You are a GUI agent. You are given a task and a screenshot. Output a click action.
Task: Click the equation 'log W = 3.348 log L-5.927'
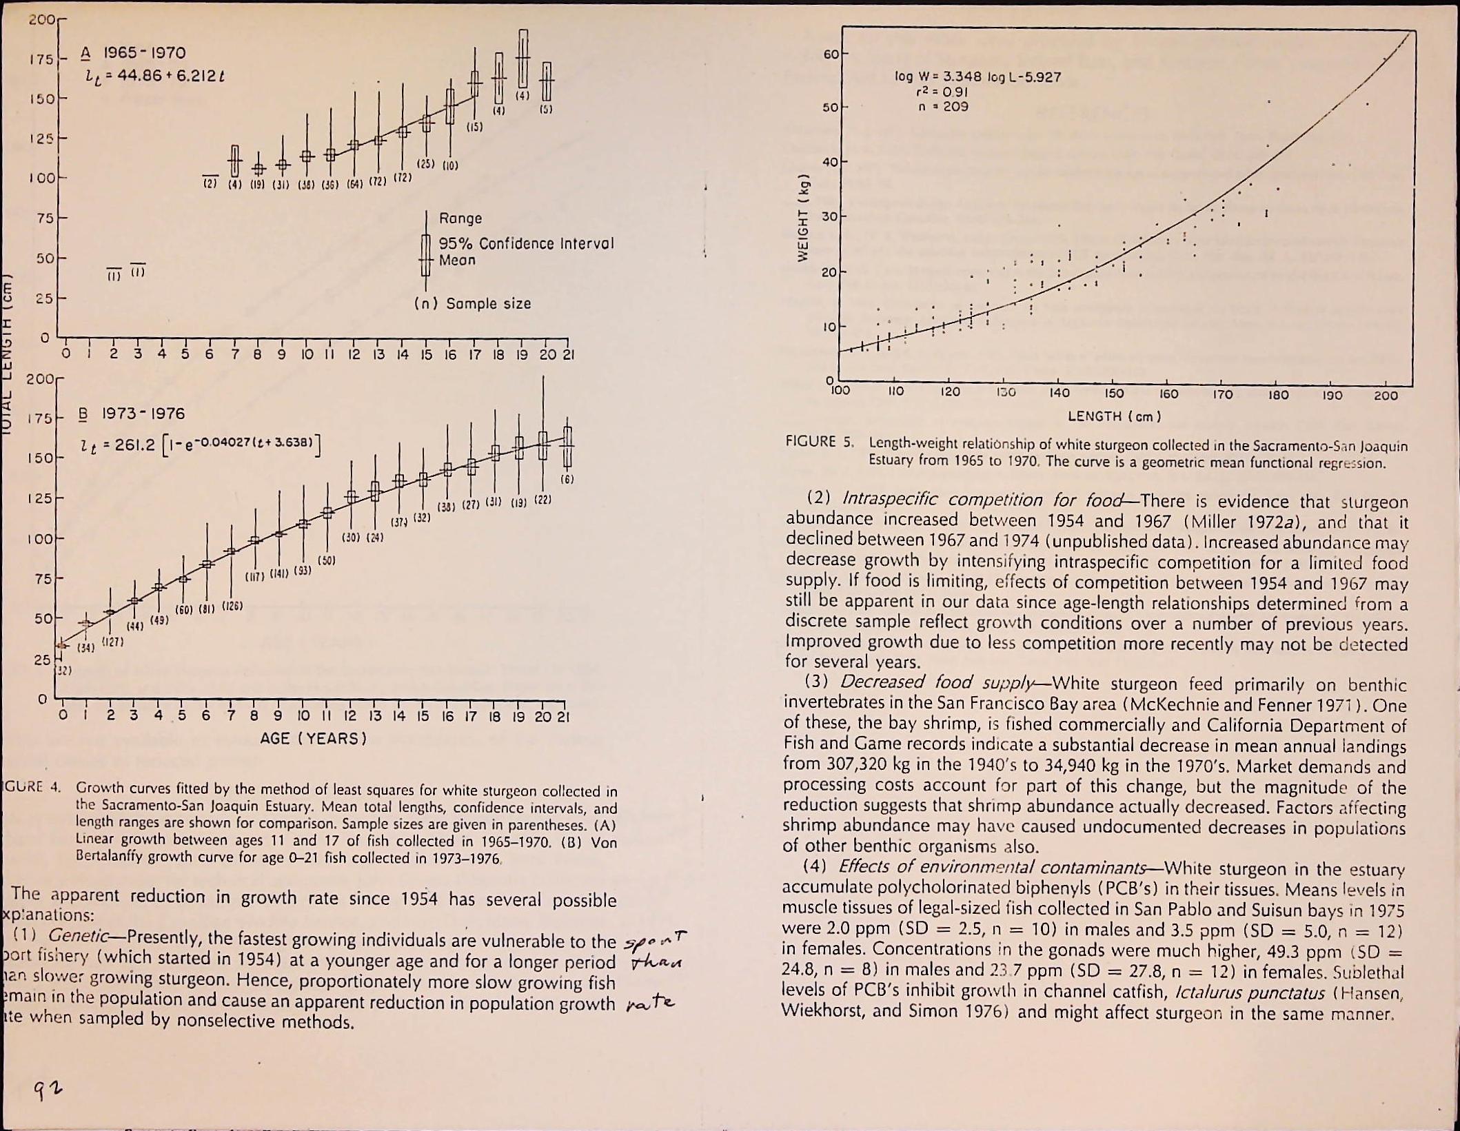(x=977, y=77)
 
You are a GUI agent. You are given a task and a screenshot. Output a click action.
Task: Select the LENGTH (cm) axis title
(x=1114, y=416)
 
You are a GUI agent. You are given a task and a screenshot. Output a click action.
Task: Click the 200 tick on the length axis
(x=1386, y=396)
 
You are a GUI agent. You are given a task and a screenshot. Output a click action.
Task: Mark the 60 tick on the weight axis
(x=830, y=54)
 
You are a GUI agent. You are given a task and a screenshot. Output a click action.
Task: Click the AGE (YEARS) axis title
(x=313, y=739)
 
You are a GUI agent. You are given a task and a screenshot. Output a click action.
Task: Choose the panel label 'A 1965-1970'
(x=133, y=53)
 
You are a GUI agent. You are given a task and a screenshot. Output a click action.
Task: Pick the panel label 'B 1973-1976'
(x=133, y=414)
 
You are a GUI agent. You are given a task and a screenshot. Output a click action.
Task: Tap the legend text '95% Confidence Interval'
(x=526, y=244)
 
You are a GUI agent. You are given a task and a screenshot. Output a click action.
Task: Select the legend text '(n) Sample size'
(x=473, y=304)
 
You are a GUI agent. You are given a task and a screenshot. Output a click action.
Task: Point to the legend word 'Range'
(x=460, y=218)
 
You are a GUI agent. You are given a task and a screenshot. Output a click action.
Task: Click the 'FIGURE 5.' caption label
(x=820, y=442)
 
